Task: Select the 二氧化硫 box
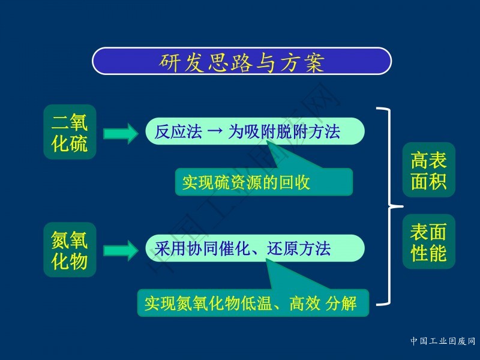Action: click(x=70, y=132)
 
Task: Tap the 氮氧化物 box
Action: click(x=70, y=250)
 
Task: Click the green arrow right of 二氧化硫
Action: click(x=121, y=133)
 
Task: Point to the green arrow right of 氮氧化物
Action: click(x=121, y=251)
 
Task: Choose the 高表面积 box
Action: click(x=428, y=170)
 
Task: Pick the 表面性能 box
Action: click(x=428, y=242)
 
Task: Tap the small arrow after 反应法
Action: click(x=215, y=131)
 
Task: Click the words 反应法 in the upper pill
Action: click(x=178, y=131)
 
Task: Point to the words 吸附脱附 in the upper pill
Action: click(x=276, y=131)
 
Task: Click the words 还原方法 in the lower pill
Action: click(x=299, y=248)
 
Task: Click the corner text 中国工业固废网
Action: click(x=443, y=341)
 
